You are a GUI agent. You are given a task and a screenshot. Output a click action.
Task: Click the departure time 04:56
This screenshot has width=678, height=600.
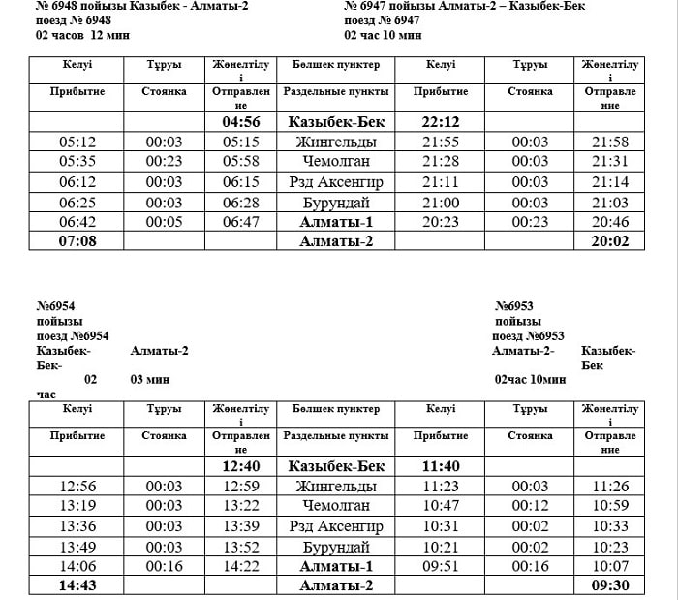[241, 123]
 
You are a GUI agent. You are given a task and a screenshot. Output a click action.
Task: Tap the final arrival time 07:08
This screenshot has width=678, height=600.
[77, 241]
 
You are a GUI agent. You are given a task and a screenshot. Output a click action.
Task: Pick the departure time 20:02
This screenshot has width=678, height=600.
[610, 241]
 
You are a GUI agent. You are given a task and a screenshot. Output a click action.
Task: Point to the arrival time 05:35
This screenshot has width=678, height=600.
[77, 162]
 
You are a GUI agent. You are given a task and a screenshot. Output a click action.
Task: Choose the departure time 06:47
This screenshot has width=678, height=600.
[241, 221]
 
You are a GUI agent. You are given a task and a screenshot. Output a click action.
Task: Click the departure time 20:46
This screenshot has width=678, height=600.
[610, 221]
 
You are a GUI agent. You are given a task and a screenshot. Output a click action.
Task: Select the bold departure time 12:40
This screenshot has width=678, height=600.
[241, 466]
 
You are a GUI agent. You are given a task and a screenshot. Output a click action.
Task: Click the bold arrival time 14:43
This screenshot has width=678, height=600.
[77, 585]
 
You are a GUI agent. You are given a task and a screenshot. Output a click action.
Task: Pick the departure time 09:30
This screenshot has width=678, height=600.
[610, 585]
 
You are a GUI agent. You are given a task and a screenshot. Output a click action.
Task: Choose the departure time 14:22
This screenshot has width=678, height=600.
[241, 565]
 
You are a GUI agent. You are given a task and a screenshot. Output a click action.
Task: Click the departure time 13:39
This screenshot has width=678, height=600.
[241, 525]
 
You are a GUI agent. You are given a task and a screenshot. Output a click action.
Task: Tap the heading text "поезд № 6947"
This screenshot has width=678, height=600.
[382, 20]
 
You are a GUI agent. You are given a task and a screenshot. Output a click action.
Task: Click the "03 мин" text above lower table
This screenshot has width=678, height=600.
[150, 379]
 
